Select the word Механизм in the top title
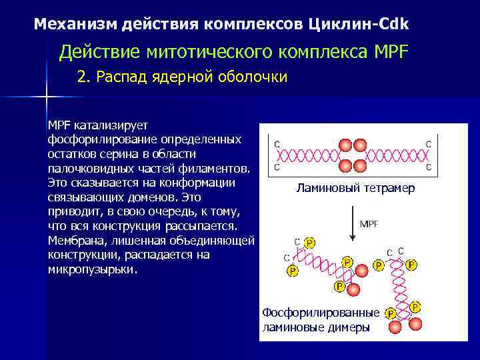coord(75,25)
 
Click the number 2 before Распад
coord(81,77)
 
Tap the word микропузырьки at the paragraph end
coord(93,270)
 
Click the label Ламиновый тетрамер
coord(355,189)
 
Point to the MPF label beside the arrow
coord(369,224)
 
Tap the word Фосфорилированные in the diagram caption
coord(321,313)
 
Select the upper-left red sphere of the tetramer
coord(345,145)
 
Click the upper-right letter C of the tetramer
coord(428,145)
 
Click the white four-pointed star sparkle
coord(47,97)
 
